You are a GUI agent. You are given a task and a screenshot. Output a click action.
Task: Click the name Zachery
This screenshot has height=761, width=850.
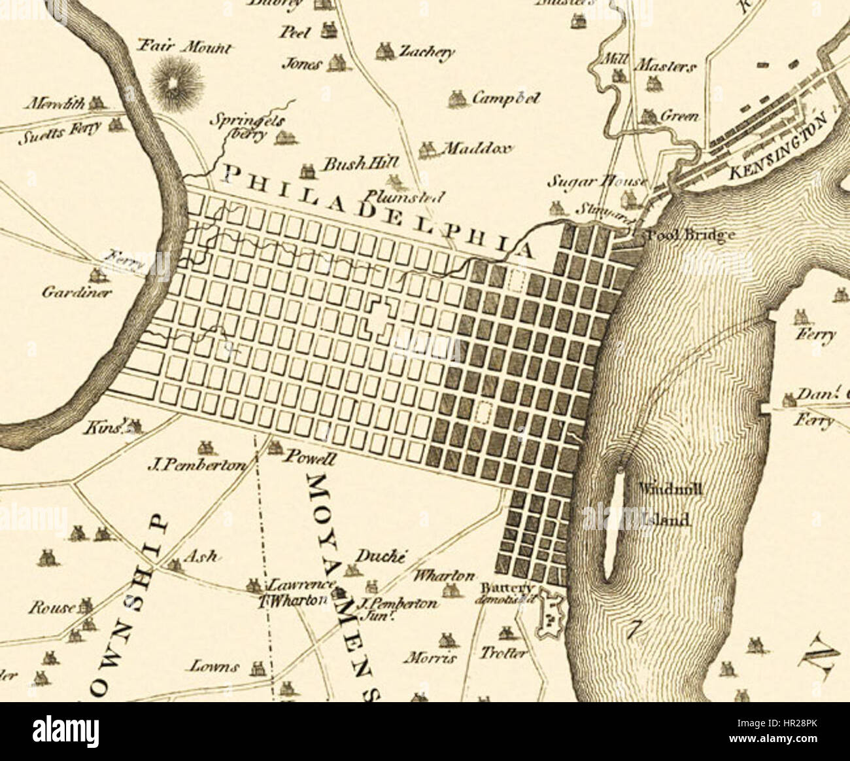pos(428,52)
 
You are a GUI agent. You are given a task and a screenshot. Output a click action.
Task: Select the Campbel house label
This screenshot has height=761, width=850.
pos(505,98)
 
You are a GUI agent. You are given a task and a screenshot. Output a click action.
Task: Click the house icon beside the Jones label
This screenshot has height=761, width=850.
pos(337,63)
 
